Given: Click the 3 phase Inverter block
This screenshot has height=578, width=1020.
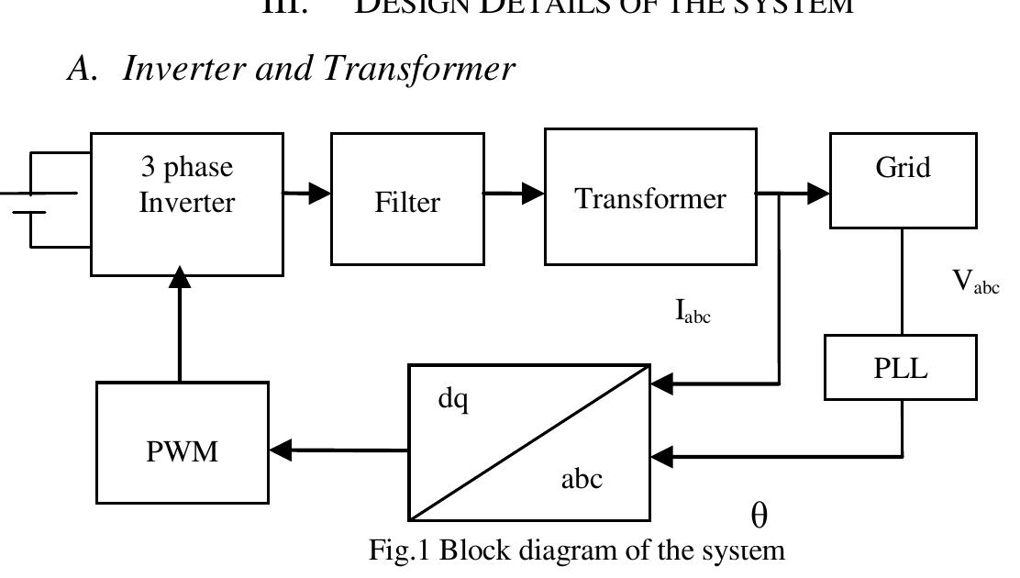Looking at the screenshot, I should point(186,203).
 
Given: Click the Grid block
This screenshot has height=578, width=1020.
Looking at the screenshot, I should point(903,180).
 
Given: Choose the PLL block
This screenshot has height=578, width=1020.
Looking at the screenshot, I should point(900,367).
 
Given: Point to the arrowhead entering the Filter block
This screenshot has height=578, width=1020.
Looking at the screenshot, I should point(320,193).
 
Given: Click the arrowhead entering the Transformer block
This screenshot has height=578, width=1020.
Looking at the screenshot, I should point(534,193).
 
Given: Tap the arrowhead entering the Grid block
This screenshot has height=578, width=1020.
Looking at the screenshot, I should point(819,194).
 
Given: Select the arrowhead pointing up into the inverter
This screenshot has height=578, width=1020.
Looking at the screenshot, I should point(181,276).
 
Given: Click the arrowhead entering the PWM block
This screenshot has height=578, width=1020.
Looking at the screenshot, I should point(281,450).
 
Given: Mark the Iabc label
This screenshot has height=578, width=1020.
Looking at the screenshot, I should point(693,313).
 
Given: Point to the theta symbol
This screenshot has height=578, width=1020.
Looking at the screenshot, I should point(759,517).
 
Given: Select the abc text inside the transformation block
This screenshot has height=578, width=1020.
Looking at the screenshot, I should point(582,478).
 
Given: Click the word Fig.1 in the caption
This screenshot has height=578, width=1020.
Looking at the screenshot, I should point(400,550).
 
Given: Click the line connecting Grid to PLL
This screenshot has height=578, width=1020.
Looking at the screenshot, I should point(902,281).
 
